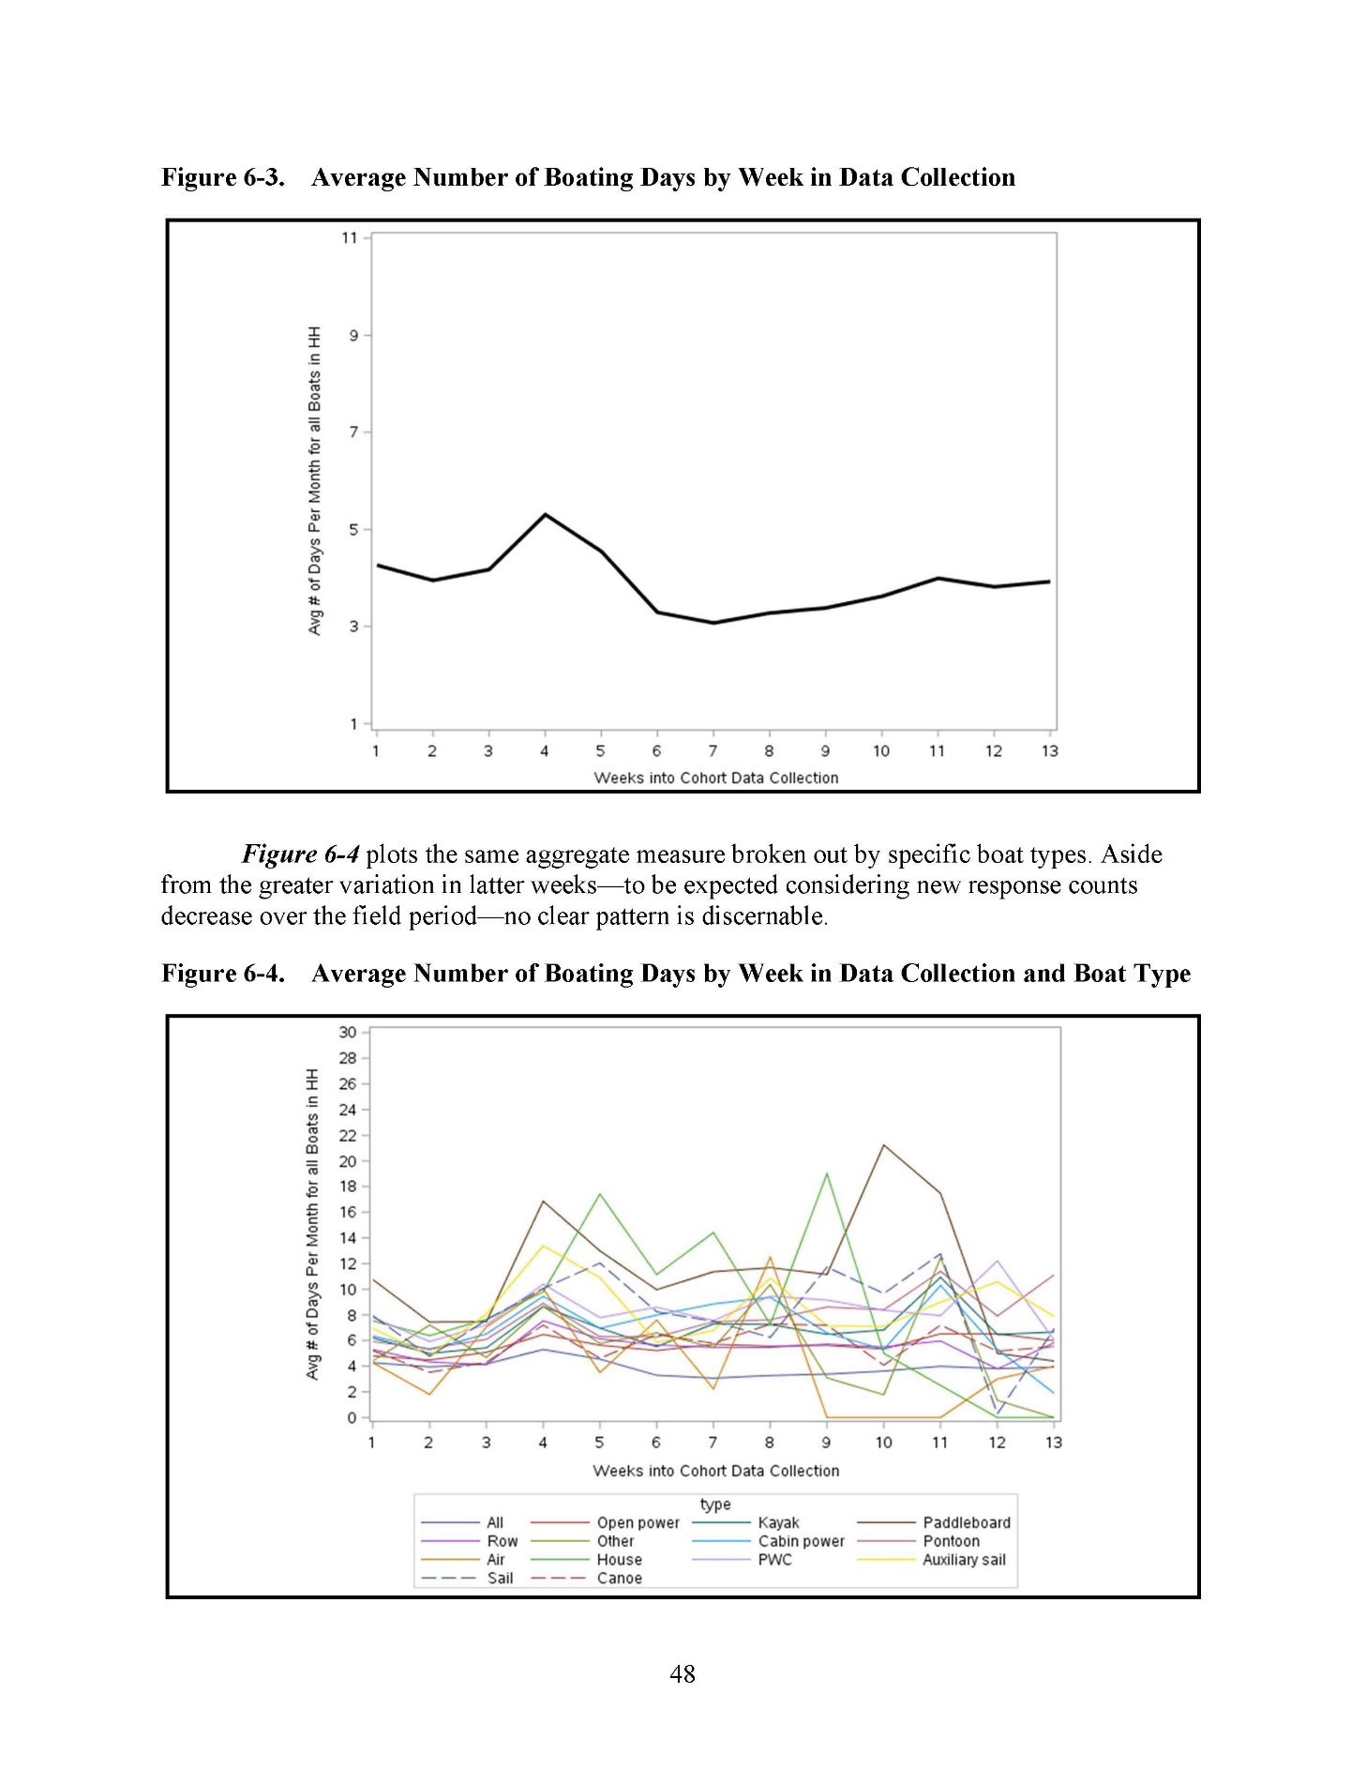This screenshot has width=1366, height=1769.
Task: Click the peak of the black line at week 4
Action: [x=545, y=514]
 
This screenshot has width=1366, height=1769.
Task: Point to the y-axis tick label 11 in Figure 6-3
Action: [x=350, y=238]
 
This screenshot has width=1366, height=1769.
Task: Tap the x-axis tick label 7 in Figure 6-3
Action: [x=713, y=750]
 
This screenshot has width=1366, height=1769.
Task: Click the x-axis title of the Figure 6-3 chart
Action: [x=715, y=778]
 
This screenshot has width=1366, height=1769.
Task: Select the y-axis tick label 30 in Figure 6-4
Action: [x=348, y=1032]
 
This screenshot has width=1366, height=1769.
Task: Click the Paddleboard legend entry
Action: [x=966, y=1522]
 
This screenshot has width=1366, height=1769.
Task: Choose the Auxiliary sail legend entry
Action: [x=963, y=1560]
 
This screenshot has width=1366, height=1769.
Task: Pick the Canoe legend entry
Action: [x=619, y=1579]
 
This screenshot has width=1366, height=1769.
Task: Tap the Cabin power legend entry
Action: [x=801, y=1541]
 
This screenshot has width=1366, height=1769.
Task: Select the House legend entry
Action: [x=619, y=1560]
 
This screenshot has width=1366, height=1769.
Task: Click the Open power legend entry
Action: [x=638, y=1522]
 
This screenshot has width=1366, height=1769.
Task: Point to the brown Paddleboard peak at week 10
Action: [x=883, y=1145]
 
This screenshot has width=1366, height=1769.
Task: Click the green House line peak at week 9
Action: [x=826, y=1173]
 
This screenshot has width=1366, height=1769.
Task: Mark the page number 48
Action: [x=683, y=1673]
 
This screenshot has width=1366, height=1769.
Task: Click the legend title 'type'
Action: [x=715, y=1504]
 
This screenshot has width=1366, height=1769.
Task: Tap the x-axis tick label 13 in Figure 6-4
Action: [x=1053, y=1443]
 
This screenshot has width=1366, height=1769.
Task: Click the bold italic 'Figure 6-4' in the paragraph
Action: [x=300, y=854]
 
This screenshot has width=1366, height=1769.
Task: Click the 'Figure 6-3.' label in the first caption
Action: [x=223, y=177]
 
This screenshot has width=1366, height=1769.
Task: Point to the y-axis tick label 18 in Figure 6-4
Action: [x=348, y=1186]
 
